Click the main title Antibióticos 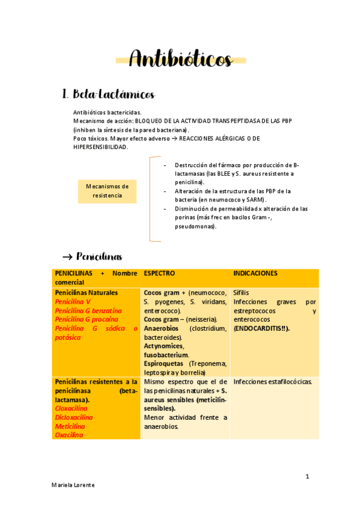180,60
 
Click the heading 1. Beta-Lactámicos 109,95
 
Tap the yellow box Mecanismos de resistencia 107,191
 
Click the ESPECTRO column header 160,273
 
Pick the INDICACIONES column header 255,273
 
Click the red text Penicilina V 73,301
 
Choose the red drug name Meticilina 70,426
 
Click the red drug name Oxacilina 69,435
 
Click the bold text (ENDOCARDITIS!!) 261,328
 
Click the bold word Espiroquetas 165,364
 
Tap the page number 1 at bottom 307,477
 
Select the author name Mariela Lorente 73,485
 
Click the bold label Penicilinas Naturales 86,292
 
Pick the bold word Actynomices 163,346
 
